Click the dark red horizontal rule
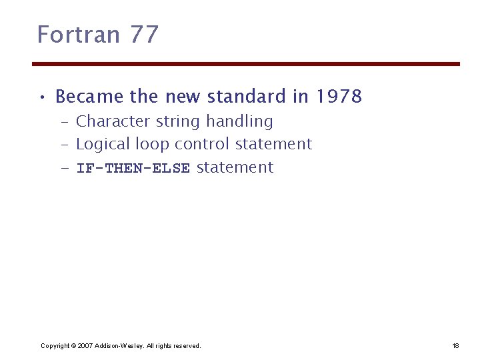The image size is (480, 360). tap(246, 64)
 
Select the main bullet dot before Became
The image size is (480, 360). tap(42, 97)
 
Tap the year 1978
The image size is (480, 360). tap(339, 97)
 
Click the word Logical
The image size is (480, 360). tap(103, 144)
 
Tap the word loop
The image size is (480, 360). tap(152, 145)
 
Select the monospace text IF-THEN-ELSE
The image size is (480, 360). tap(133, 168)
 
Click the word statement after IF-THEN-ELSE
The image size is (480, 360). tap(235, 167)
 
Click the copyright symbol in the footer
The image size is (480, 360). tap(73, 345)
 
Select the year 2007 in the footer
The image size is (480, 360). tap(85, 345)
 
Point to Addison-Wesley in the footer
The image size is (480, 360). tap(117, 345)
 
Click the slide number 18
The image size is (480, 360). tap(455, 345)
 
